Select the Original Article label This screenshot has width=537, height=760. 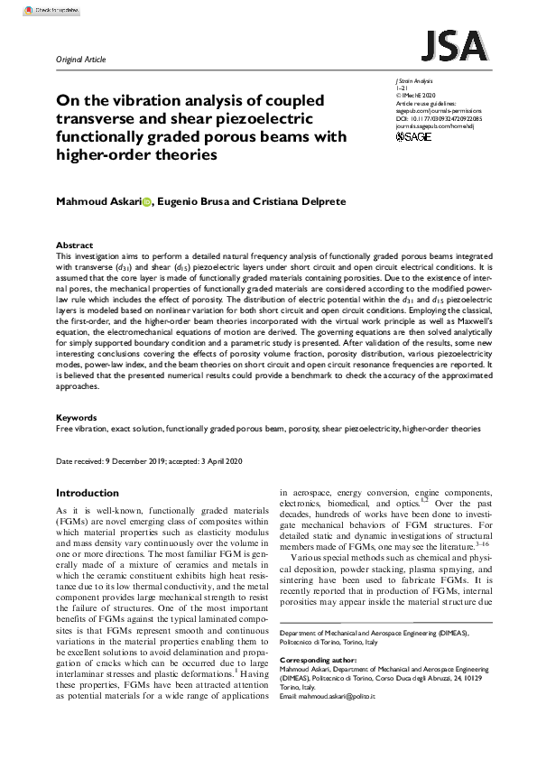pos(81,60)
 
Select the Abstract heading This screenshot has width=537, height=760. pos(74,245)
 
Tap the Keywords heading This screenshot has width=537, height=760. pos(77,418)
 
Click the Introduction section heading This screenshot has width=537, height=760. pos(93,493)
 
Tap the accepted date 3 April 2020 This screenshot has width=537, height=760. pos(221,461)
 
